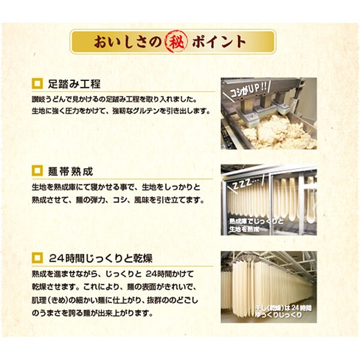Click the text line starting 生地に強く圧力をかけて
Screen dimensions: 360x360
(x=119, y=112)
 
